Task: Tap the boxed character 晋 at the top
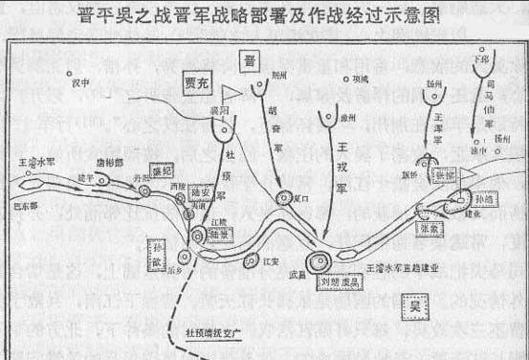point(250,61)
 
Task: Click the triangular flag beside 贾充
point(230,92)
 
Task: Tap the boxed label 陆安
point(199,190)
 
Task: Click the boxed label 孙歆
point(158,245)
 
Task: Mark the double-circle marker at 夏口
point(284,198)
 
